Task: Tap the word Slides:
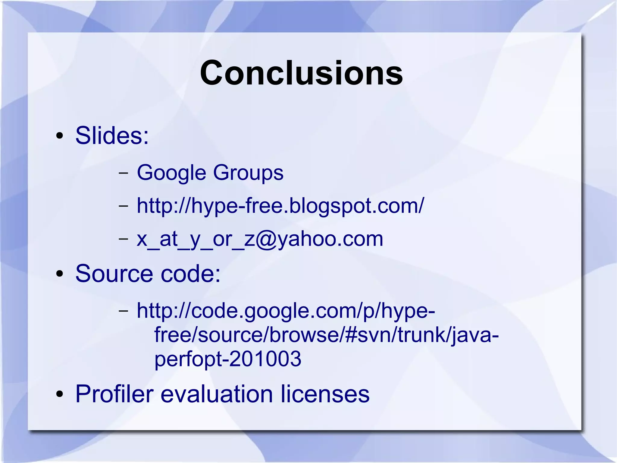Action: (x=112, y=135)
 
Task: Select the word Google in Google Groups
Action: (x=171, y=173)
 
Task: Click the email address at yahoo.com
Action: (x=260, y=239)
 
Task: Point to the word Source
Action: (x=114, y=274)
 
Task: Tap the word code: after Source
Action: (x=190, y=274)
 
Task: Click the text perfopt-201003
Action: (x=228, y=359)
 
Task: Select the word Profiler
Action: (x=114, y=394)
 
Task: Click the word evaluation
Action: (x=217, y=394)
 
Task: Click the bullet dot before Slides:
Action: (x=60, y=136)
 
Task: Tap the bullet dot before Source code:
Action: (x=60, y=274)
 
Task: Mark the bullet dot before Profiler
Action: (x=60, y=394)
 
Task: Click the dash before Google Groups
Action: (x=123, y=173)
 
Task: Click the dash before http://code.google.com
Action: (x=123, y=311)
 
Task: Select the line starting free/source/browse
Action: (x=327, y=335)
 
